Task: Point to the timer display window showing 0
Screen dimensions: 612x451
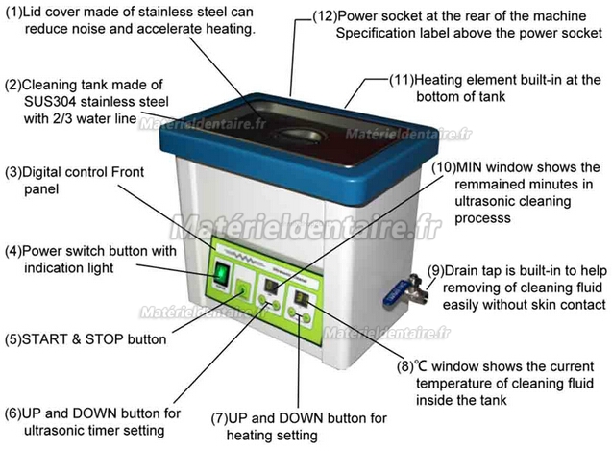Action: coord(271,287)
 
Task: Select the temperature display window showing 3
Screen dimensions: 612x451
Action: coord(302,299)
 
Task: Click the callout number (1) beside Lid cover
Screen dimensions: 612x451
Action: coord(14,12)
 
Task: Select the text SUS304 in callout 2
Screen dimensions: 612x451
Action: coord(49,102)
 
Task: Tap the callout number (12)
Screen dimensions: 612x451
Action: coord(325,16)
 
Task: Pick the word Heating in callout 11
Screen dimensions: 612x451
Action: coord(439,80)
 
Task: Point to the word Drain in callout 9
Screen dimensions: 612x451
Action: coord(462,271)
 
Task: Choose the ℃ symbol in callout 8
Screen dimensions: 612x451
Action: coord(421,366)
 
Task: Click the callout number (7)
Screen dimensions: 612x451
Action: coord(219,418)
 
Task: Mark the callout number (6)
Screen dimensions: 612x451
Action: coord(13,413)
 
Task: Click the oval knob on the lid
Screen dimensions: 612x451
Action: coord(300,137)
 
